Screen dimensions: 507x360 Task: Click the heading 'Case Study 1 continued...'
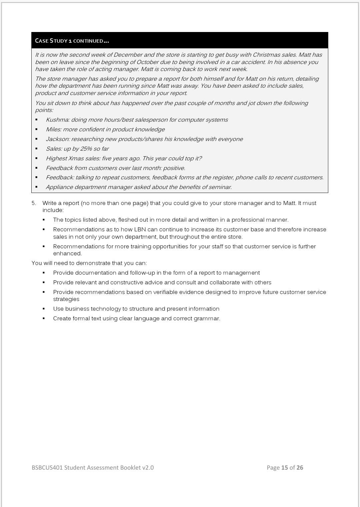[x=72, y=41]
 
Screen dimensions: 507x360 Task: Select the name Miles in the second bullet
[x=53, y=129]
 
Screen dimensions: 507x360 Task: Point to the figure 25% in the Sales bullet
[x=86, y=149]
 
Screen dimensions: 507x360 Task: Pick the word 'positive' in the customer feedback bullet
[x=174, y=168]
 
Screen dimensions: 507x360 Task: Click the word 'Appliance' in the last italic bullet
[x=59, y=187]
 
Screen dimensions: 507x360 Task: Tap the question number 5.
[x=34, y=203]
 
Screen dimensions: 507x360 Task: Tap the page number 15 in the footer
[x=284, y=467]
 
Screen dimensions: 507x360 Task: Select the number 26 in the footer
[x=300, y=467]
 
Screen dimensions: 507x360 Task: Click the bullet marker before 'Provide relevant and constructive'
[x=44, y=282]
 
